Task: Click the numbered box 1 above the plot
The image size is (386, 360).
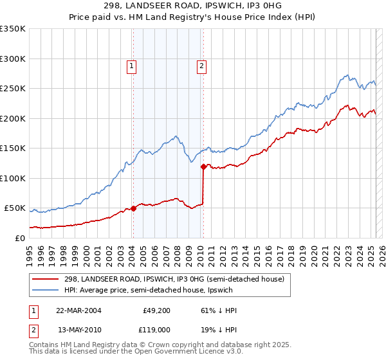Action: [x=132, y=65]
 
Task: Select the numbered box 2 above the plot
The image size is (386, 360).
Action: [x=201, y=65]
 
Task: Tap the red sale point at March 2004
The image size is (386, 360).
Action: [x=134, y=208]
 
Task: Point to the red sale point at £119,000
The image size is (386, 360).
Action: [x=203, y=166]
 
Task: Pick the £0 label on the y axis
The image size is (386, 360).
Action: [x=20, y=238]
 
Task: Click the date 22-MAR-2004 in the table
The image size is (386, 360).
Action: [x=79, y=310]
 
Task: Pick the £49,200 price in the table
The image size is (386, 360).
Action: [x=156, y=310]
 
